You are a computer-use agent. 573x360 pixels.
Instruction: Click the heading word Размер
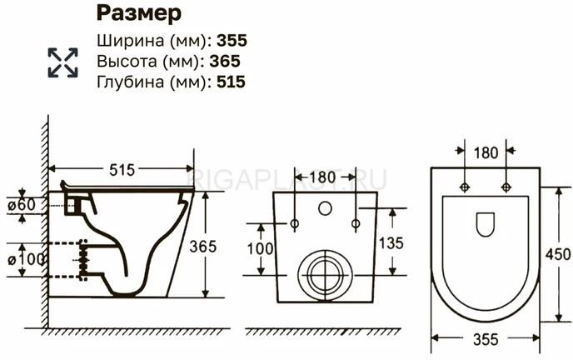[x=139, y=14]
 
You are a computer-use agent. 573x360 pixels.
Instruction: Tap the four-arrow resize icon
[x=62, y=62]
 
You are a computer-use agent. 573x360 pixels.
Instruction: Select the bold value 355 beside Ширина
[x=232, y=40]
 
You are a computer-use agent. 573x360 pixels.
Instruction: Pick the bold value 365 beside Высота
[x=225, y=61]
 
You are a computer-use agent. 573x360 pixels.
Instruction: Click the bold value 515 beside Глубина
[x=231, y=82]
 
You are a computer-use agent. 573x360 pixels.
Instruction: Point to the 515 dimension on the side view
[x=122, y=170]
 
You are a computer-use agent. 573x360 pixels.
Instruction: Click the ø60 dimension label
[x=22, y=205]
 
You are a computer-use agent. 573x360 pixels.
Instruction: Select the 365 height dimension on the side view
[x=203, y=247]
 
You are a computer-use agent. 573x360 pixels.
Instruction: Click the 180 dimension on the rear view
[x=322, y=177]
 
